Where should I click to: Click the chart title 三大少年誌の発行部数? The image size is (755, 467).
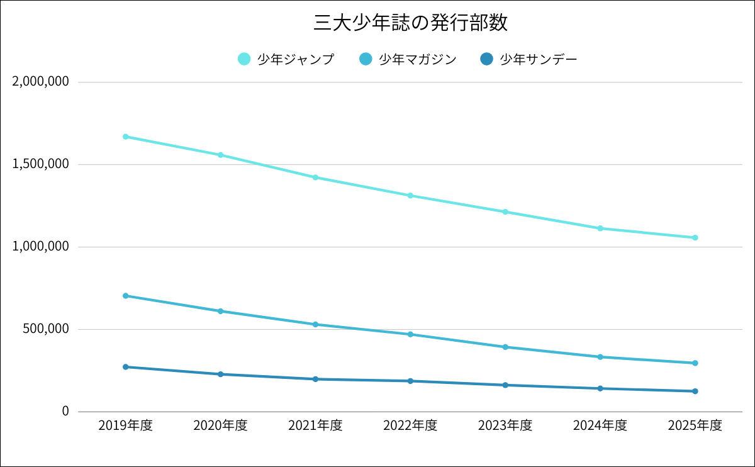tap(410, 23)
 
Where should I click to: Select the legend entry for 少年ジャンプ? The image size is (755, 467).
tap(287, 59)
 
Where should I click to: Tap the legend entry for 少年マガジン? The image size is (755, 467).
tap(408, 59)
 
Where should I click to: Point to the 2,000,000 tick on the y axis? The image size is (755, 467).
tap(40, 82)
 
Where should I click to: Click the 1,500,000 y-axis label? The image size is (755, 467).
tap(40, 165)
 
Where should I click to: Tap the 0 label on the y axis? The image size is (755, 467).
tap(64, 412)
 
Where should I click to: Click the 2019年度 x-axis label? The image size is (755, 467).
tap(126, 425)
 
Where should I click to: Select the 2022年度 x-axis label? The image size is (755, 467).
tap(410, 425)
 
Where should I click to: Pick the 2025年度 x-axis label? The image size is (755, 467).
tap(695, 425)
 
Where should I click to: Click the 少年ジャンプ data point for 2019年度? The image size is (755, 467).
tap(126, 137)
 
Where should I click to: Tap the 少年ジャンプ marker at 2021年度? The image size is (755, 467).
tap(315, 177)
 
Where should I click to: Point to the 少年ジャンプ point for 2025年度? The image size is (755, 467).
tap(695, 238)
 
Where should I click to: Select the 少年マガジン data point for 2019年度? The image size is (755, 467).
tap(126, 296)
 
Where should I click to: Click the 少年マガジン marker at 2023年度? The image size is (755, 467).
tap(505, 347)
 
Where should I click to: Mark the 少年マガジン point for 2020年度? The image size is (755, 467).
tap(221, 311)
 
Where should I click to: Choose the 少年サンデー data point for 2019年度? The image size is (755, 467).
tap(126, 367)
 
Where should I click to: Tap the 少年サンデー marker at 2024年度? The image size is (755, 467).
tap(600, 388)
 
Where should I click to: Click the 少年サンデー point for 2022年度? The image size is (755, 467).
tap(410, 381)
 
